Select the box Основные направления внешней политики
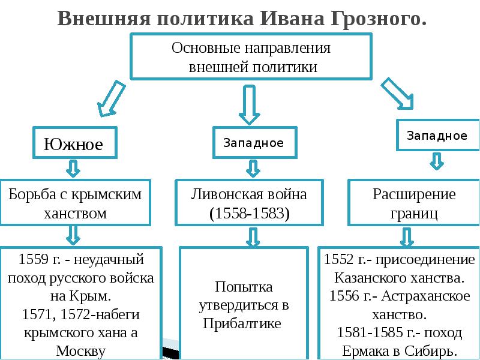tap(251, 56)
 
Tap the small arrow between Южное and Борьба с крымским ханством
tap(73, 169)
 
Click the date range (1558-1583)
tap(249, 213)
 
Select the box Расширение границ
tap(414, 203)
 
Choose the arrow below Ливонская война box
tap(249, 237)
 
